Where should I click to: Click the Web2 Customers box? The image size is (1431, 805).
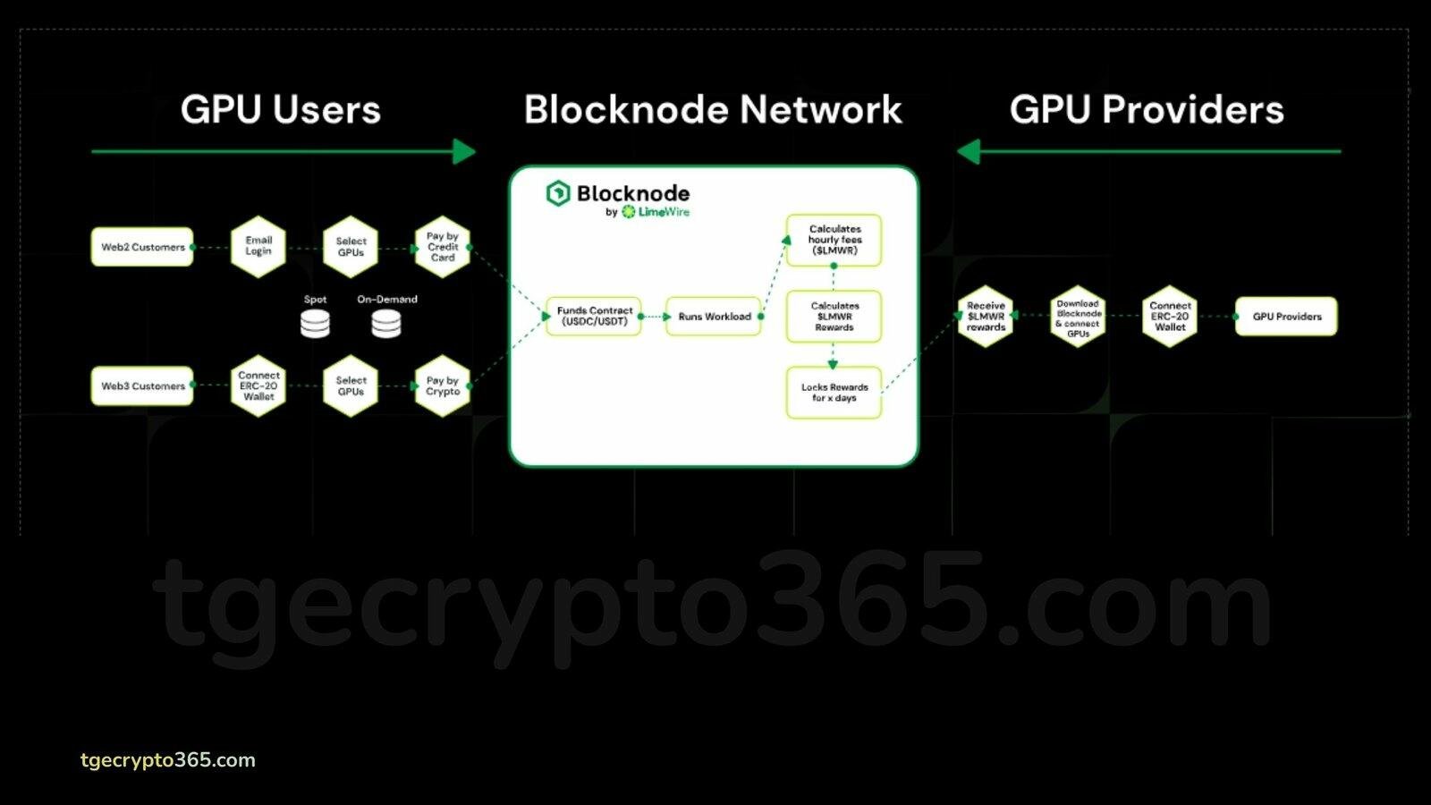tap(142, 247)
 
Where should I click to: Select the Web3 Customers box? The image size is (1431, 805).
tap(142, 386)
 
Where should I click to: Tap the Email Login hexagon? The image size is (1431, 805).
tap(258, 247)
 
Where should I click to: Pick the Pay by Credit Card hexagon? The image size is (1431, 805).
tap(442, 247)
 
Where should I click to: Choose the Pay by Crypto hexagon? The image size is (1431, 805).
tap(442, 386)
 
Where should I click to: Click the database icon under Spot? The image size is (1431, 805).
tap(315, 323)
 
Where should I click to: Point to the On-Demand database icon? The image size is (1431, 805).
tap(386, 323)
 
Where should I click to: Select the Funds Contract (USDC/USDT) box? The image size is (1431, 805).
tap(594, 317)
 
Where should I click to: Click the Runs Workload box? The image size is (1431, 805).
tap(714, 317)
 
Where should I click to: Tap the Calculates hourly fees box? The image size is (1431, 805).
tap(834, 241)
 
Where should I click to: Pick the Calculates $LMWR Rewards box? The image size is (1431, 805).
tap(834, 317)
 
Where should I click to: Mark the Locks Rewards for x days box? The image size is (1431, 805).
tap(834, 393)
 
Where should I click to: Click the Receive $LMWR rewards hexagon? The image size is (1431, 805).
tap(985, 317)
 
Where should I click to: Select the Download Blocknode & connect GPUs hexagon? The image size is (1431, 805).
tap(1078, 317)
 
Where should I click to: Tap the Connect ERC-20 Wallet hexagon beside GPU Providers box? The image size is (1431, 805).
tap(1170, 317)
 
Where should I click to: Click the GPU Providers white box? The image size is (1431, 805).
tap(1286, 317)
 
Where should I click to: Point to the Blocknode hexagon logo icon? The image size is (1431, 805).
tap(558, 193)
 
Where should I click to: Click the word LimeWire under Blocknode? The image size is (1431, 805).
tap(664, 211)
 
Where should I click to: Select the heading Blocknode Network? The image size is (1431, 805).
tap(713, 109)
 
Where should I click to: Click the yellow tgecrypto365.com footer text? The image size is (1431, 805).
tap(168, 760)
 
